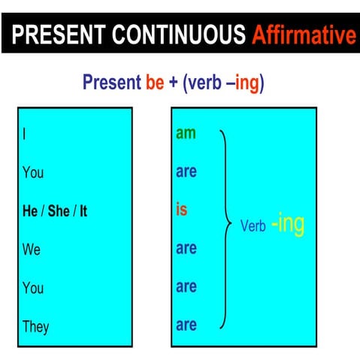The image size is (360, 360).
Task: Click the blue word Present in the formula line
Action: coord(111,82)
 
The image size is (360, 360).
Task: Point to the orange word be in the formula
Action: coord(155,82)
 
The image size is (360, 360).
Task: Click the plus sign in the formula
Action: coord(174,82)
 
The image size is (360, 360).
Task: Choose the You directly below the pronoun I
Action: coord(33,173)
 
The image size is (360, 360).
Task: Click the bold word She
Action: coord(59,211)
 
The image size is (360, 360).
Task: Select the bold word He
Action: coord(31,211)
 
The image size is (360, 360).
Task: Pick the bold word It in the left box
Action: coord(83,211)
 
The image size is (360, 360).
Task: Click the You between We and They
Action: coord(33,288)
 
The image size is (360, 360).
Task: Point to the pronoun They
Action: coord(35,326)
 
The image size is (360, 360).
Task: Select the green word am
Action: coord(186,134)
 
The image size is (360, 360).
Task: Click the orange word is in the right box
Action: coord(181,210)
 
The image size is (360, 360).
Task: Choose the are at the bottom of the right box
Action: coord(186,325)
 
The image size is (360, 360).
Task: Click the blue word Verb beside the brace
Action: coord(253,225)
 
